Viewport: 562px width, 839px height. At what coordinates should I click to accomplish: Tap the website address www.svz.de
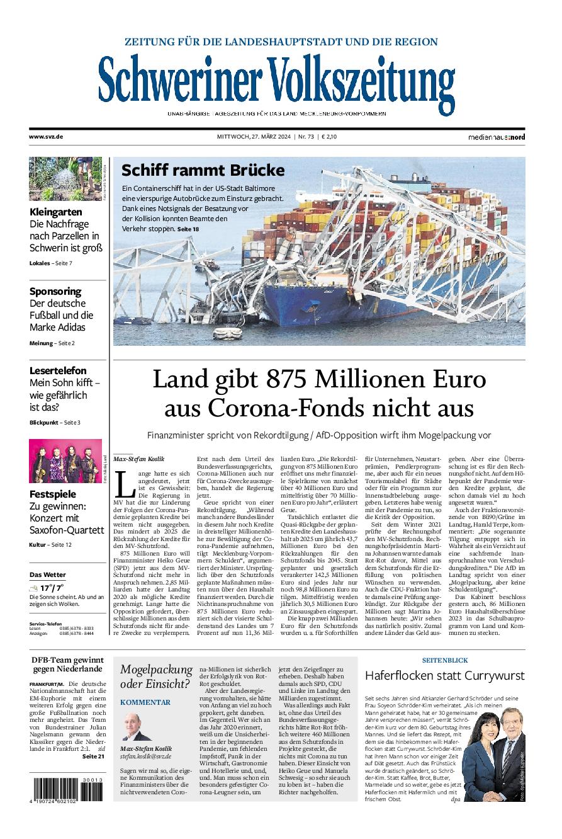click(x=46, y=136)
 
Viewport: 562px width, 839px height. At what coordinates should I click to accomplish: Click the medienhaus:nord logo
click(x=496, y=137)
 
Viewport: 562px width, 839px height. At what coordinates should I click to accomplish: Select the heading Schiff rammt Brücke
click(x=203, y=170)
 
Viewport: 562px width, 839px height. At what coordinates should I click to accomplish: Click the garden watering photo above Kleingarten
click(x=65, y=179)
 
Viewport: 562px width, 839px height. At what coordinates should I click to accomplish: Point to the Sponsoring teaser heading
click(x=55, y=291)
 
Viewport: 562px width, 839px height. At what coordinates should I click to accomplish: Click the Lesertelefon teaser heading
click(x=58, y=370)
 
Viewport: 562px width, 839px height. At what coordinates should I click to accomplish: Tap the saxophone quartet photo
click(x=65, y=461)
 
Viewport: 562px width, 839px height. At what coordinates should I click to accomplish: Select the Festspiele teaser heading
click(x=53, y=494)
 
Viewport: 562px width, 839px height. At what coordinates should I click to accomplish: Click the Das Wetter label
click(x=47, y=574)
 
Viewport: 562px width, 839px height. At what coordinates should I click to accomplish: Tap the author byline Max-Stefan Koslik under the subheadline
click(x=138, y=459)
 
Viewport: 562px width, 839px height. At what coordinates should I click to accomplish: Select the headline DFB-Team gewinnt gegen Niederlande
click(x=67, y=664)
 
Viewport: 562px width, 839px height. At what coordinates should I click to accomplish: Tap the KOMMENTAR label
click(x=145, y=702)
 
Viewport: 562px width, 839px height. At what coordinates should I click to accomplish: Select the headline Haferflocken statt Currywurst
click(x=444, y=675)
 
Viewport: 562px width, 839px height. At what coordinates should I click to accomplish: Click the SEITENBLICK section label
click(x=444, y=659)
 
